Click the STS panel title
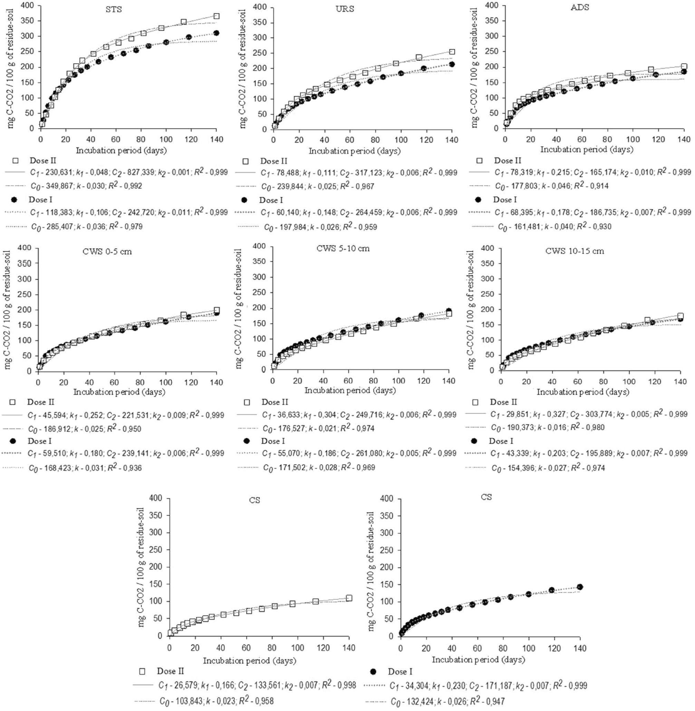(x=114, y=9)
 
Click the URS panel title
(x=345, y=9)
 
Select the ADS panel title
(x=579, y=7)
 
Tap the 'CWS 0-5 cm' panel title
(x=107, y=252)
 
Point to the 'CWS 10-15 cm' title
(x=574, y=251)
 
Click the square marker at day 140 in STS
(x=216, y=16)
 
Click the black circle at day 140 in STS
(x=216, y=33)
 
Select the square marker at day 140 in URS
(x=452, y=52)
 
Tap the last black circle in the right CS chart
(x=580, y=587)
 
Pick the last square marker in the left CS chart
(x=349, y=598)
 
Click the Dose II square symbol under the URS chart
(x=245, y=161)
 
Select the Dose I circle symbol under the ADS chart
(x=478, y=199)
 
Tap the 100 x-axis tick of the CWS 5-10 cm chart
(x=398, y=381)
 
